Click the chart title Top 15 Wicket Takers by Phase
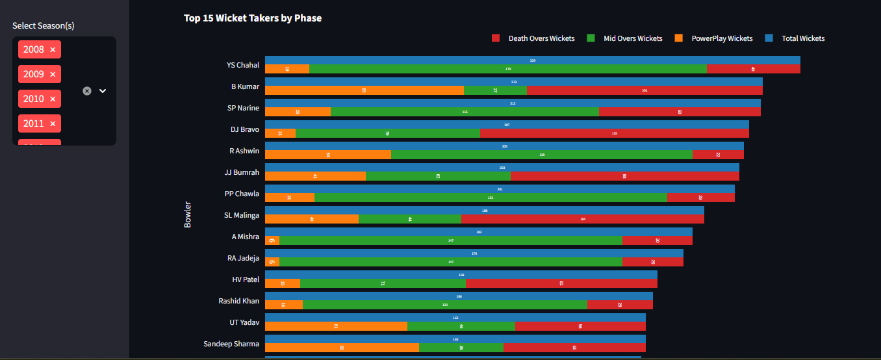(252, 18)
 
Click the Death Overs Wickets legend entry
(533, 38)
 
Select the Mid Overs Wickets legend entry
(624, 38)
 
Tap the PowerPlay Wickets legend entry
(714, 38)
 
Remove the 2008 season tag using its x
(53, 49)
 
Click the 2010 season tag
(33, 99)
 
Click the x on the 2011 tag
(53, 123)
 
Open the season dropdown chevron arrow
(103, 91)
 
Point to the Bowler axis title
(188, 214)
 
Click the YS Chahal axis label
(242, 65)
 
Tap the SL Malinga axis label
(241, 215)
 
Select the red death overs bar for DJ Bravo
(614, 133)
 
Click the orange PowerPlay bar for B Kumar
(364, 90)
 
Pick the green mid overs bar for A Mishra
(450, 240)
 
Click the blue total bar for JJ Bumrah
(502, 167)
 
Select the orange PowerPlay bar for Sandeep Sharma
(342, 348)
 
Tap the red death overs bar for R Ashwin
(717, 155)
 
